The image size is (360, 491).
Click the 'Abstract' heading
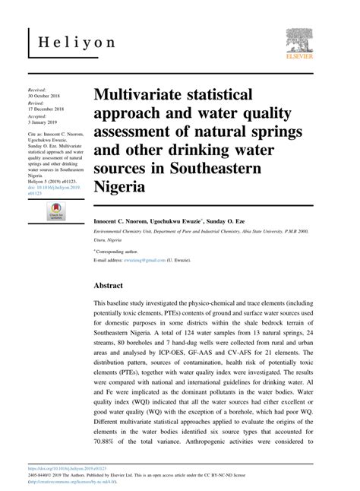coord(113,287)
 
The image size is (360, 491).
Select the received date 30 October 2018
coord(46,97)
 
